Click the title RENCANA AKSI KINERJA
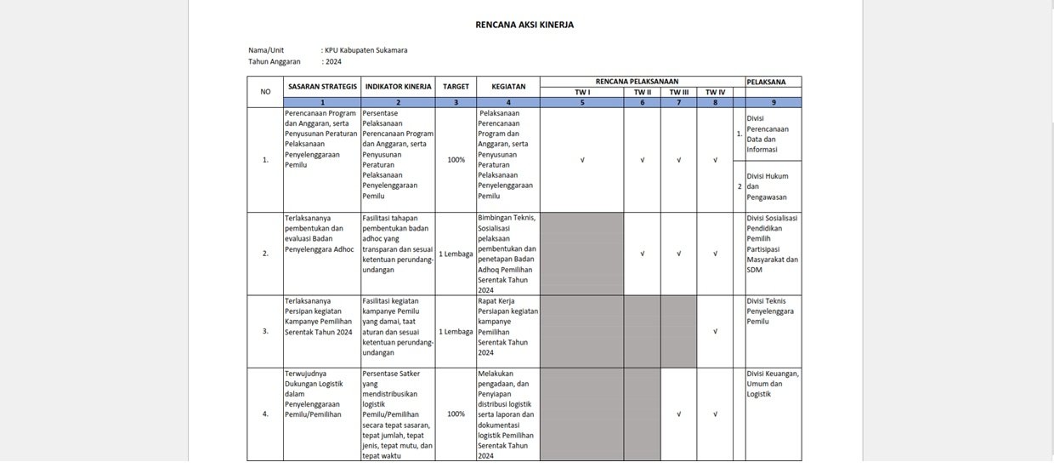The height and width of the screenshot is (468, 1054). [524, 25]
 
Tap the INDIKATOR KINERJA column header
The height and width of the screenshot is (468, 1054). [398, 86]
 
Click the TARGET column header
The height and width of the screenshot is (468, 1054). [456, 86]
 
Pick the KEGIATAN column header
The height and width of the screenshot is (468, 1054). [507, 86]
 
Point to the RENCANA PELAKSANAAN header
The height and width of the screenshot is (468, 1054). [642, 82]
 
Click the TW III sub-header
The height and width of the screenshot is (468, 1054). [678, 92]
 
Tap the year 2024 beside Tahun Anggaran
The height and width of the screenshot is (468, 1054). [333, 61]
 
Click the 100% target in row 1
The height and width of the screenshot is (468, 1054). [456, 160]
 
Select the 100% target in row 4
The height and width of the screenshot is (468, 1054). [456, 414]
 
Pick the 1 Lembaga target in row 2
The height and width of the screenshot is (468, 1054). [456, 254]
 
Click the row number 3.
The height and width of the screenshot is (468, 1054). [265, 331]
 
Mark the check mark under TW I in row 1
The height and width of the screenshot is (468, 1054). [581, 160]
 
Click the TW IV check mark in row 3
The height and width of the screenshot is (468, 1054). [715, 331]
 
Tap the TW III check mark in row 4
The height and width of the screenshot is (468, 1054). [678, 414]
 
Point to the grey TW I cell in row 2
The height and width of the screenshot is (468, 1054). [581, 254]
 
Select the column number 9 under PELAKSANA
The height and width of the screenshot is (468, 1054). [773, 102]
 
